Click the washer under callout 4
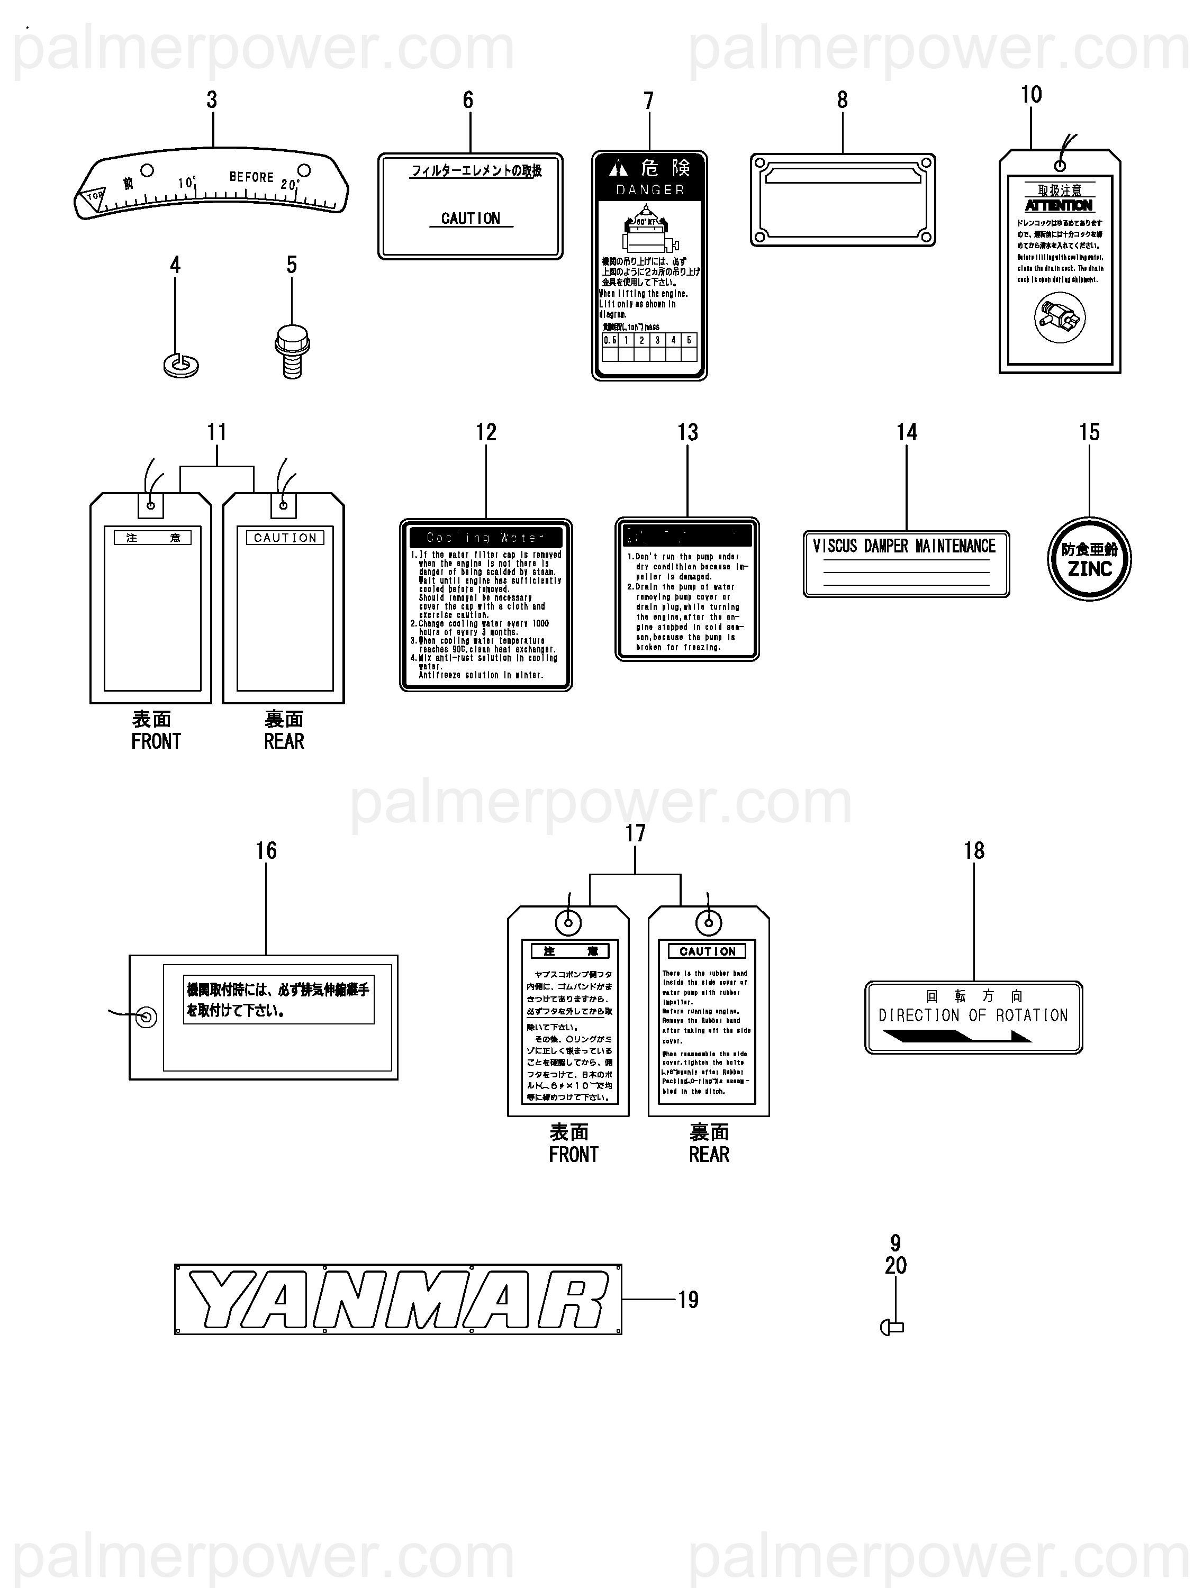click(x=181, y=366)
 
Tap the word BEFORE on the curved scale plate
click(x=251, y=177)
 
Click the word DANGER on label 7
click(x=649, y=189)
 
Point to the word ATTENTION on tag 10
click(x=1059, y=205)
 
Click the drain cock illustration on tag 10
click(x=1060, y=318)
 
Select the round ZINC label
click(x=1089, y=559)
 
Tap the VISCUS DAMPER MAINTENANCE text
click(x=904, y=546)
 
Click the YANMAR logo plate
click(x=398, y=1300)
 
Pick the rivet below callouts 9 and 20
click(x=892, y=1328)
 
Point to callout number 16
click(x=266, y=851)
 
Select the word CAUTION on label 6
click(x=471, y=218)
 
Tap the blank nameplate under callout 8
click(x=843, y=199)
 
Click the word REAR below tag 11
click(x=284, y=741)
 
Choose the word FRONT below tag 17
click(x=573, y=1155)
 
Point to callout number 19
click(x=688, y=1300)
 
